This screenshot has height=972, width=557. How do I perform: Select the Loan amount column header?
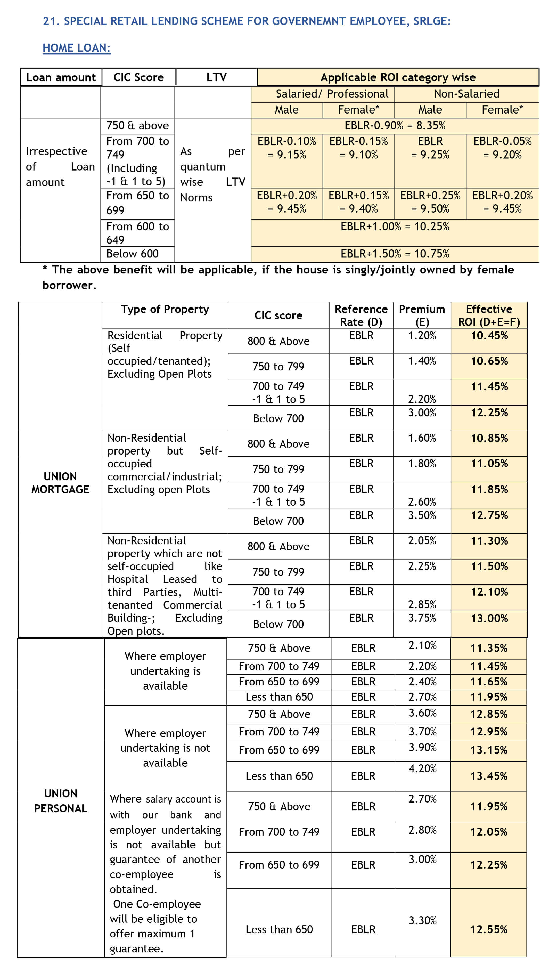click(61, 77)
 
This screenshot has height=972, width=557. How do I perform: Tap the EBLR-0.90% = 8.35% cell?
click(395, 126)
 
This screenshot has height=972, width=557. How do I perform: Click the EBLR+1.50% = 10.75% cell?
click(395, 254)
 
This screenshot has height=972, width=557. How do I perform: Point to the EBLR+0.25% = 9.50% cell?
click(430, 202)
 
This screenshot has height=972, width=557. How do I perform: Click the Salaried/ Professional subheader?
click(332, 94)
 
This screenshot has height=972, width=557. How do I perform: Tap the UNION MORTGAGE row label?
click(60, 483)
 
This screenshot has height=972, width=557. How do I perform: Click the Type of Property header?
click(165, 309)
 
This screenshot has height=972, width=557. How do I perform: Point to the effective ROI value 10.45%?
click(489, 336)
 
